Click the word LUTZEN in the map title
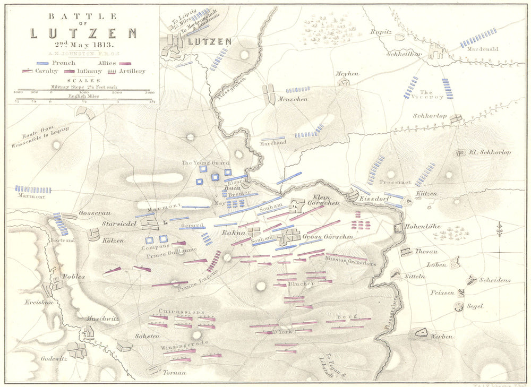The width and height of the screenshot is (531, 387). point(83,33)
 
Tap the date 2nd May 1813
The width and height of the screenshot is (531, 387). point(83,45)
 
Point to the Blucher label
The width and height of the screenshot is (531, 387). point(302,283)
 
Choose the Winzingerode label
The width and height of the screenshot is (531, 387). point(183,343)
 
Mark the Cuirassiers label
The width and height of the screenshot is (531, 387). point(181,311)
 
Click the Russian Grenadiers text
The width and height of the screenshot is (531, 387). point(351,262)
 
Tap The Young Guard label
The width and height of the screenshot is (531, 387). point(204,162)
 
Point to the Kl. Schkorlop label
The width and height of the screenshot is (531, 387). point(489,152)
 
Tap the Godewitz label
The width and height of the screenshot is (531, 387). point(54,358)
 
